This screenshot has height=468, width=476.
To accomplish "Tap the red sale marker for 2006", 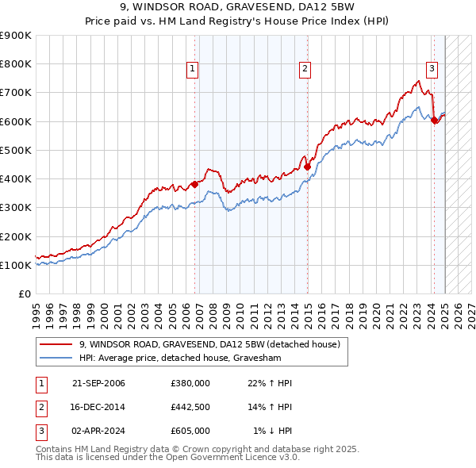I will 194,184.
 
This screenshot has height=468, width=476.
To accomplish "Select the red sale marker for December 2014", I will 307,167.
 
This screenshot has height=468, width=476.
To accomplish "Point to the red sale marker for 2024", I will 434,120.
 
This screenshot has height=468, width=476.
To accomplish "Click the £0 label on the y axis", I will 24,294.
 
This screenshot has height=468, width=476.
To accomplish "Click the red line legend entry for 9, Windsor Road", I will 209,344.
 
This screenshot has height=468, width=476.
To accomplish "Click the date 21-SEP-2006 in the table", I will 98,383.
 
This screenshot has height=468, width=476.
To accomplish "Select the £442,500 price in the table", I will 190,407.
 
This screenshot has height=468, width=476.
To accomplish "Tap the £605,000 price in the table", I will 190,431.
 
